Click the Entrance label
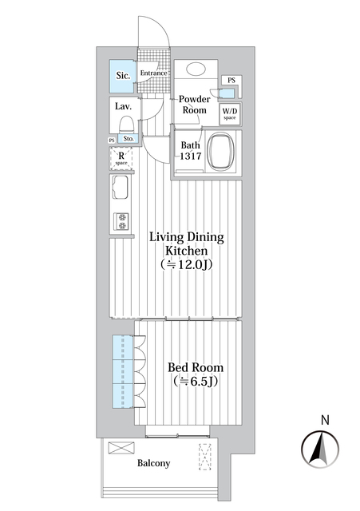[x=153, y=73]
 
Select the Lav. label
[x=123, y=106]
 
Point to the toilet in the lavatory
[x=125, y=125]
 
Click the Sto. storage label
[x=129, y=139]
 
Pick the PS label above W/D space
[x=231, y=81]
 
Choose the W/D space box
[x=230, y=113]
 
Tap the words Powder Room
[x=194, y=105]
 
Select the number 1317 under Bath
[x=190, y=157]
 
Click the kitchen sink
[x=122, y=190]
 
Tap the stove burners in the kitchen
[x=122, y=220]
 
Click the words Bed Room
[x=195, y=367]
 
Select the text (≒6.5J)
[x=196, y=382]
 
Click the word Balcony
[x=152, y=463]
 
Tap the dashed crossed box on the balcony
[x=205, y=458]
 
